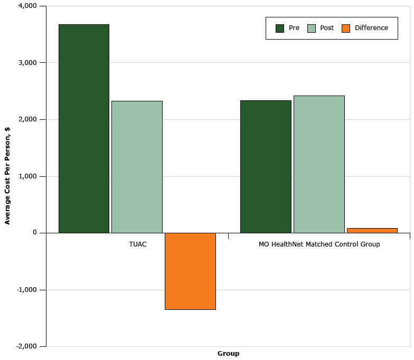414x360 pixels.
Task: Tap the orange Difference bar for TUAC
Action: pyautogui.click(x=190, y=271)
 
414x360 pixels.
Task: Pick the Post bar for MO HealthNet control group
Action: pyautogui.click(x=319, y=164)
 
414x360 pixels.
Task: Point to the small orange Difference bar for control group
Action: pyautogui.click(x=372, y=230)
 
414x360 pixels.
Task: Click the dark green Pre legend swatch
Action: pyautogui.click(x=280, y=28)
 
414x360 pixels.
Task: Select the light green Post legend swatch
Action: pyautogui.click(x=312, y=28)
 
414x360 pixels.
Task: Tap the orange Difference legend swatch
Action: pyautogui.click(x=346, y=28)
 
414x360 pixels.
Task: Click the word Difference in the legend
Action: pyautogui.click(x=371, y=28)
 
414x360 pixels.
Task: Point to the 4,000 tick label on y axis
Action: pyautogui.click(x=27, y=6)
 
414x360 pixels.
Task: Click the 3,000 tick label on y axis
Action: pyautogui.click(x=27, y=63)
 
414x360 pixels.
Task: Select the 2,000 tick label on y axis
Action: pyautogui.click(x=27, y=119)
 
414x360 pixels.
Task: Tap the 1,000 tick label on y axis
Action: pyautogui.click(x=27, y=176)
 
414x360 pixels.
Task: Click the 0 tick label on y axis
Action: pyautogui.click(x=35, y=233)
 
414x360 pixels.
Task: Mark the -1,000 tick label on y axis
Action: pyautogui.click(x=26, y=290)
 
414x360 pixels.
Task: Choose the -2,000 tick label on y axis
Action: pyautogui.click(x=26, y=346)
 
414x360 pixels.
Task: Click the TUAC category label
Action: pyautogui.click(x=138, y=244)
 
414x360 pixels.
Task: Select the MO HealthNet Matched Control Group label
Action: pyautogui.click(x=319, y=244)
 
